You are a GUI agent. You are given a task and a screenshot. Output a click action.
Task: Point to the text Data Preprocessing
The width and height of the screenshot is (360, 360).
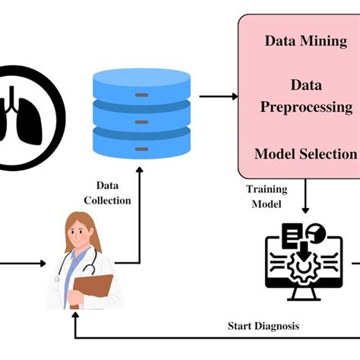tap(306, 97)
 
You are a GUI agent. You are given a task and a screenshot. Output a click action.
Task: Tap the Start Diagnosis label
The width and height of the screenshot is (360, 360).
tap(264, 326)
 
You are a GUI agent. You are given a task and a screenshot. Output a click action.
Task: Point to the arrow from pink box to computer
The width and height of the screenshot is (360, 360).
tap(305, 200)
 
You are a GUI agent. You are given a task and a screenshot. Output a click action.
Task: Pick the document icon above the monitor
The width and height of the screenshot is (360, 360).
tap(292, 235)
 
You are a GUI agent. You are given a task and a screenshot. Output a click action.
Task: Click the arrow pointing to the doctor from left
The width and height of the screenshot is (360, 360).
tap(23, 264)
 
